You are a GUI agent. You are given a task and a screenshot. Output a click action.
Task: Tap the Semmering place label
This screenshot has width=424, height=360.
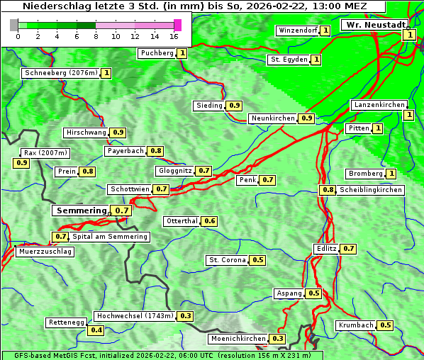tap(81, 210)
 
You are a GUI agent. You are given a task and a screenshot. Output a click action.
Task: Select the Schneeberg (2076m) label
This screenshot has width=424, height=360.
tap(60, 73)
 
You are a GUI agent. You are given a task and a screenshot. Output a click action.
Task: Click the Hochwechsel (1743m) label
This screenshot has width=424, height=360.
tap(134, 315)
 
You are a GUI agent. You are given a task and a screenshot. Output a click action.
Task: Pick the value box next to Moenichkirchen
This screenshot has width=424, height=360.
tap(279, 339)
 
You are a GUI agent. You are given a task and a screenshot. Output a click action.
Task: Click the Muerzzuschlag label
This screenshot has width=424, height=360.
tap(45, 252)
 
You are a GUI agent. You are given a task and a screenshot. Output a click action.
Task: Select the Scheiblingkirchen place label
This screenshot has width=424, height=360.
tap(370, 190)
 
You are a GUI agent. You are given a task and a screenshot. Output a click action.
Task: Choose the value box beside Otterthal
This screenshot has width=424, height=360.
tap(210, 221)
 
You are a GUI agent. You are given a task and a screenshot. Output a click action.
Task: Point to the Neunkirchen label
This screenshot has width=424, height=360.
tap(273, 118)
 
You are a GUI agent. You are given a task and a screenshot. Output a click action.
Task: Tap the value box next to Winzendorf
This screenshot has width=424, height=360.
tap(325, 30)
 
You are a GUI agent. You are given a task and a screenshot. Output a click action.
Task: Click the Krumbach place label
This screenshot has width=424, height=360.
tap(355, 325)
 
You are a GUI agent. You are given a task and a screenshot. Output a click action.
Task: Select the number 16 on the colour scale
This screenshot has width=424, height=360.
tap(174, 36)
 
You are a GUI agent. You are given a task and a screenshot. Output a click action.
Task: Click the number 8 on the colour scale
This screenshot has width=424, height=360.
tap(96, 36)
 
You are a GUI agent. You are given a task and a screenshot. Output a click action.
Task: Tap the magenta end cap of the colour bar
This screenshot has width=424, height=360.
tap(177, 25)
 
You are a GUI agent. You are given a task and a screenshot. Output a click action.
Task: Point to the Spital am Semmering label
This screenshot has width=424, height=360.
tap(110, 237)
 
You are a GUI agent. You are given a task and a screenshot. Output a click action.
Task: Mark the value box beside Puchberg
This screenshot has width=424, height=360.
tap(182, 53)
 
